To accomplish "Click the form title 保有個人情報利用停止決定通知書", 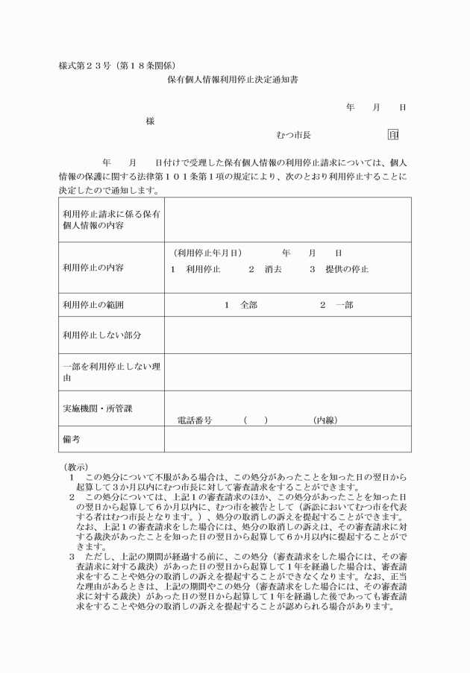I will point(234,78).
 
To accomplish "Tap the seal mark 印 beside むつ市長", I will point(393,135).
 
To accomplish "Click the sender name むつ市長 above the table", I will point(293,135).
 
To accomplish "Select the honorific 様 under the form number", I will point(150,121).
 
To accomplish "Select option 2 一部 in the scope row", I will point(336,306).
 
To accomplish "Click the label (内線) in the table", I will point(325,420).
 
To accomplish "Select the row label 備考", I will point(72,440).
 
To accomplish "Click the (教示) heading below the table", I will point(76,466).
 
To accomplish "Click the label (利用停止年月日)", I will point(207,253).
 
